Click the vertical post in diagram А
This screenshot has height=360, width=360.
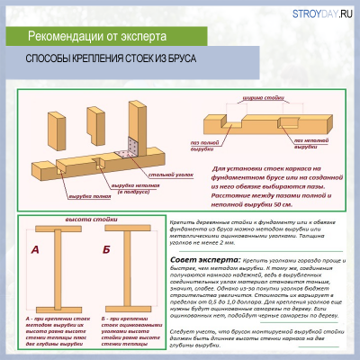pos(58,267)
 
